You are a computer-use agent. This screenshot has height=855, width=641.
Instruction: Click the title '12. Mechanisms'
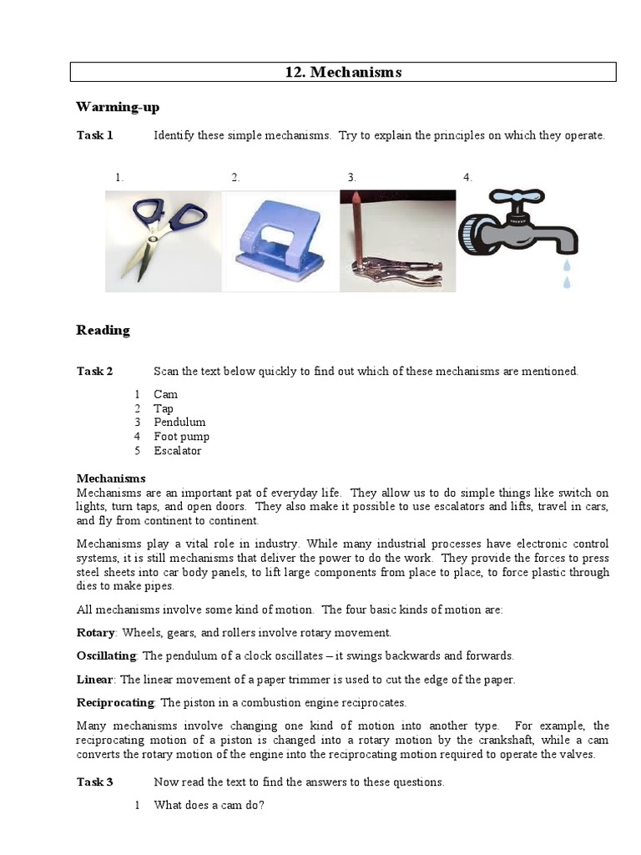pyautogui.click(x=343, y=73)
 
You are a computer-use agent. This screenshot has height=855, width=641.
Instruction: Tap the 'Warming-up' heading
pyautogui.click(x=117, y=107)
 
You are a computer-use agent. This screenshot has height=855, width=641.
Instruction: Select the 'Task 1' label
pyautogui.click(x=94, y=135)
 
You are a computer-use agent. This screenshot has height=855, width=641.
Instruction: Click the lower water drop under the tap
pyautogui.click(x=568, y=282)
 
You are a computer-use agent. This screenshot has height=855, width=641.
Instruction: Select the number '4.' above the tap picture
pyautogui.click(x=467, y=177)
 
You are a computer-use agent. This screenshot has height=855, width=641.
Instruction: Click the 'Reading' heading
pyautogui.click(x=103, y=330)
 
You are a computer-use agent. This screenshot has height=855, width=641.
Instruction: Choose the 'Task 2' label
pyautogui.click(x=94, y=372)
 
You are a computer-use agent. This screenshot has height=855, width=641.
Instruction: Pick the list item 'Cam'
pyautogui.click(x=165, y=394)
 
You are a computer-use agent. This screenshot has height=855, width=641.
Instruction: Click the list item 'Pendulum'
pyautogui.click(x=179, y=422)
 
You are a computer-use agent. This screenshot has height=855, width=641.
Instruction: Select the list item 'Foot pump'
pyautogui.click(x=181, y=437)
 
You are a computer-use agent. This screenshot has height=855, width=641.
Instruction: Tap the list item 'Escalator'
pyautogui.click(x=177, y=451)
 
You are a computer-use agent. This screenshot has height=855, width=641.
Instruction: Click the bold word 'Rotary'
pyautogui.click(x=95, y=633)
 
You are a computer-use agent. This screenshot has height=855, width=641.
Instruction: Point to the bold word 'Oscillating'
pyautogui.click(x=107, y=656)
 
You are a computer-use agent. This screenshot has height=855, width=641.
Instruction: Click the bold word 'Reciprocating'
pyautogui.click(x=115, y=703)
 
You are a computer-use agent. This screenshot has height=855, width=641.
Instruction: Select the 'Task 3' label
pyautogui.click(x=94, y=782)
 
